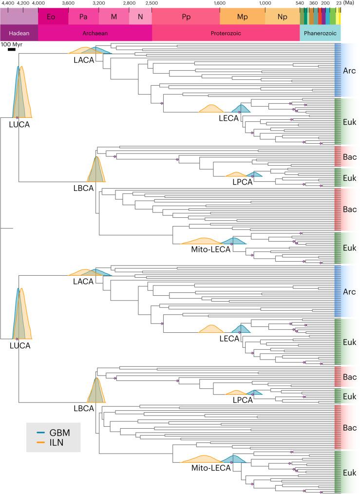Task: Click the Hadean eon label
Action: pos(19,33)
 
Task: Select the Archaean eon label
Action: pos(95,33)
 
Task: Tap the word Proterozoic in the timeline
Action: pos(226,33)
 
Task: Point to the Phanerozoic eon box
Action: pos(320,33)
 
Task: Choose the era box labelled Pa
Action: pos(83,17)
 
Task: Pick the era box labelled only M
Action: pos(114,17)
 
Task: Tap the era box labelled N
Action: pos(140,17)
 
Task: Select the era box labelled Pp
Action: pos(186,17)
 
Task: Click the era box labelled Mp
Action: pos(242,17)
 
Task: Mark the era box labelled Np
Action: pos(282,17)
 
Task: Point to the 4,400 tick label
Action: pos(8,3)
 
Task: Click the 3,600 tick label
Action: pos(68,3)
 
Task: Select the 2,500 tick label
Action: pos(152,3)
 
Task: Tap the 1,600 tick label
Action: pos(220,3)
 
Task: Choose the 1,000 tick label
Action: pos(265,3)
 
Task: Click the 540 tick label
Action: pos(300,3)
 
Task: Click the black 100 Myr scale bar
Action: pos(12,49)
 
